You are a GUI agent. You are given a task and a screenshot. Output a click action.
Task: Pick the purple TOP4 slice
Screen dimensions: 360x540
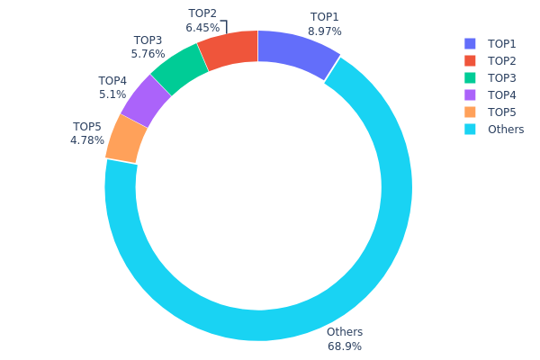[x=146, y=100]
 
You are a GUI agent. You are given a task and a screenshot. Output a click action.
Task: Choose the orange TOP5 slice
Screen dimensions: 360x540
[x=127, y=139]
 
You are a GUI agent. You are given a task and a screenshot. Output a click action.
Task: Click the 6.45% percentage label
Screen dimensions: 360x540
[x=202, y=28]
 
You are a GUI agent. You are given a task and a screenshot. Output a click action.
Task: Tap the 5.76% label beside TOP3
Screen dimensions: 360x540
[x=148, y=54]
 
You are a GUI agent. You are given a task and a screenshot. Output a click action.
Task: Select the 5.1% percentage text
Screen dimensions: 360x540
[x=112, y=94]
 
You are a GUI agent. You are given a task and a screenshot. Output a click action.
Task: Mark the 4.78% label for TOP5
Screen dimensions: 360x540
[x=87, y=140]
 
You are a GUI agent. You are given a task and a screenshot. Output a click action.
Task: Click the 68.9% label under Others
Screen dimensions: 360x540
[x=345, y=346]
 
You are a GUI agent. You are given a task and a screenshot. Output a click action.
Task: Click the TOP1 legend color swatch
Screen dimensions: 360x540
[x=470, y=44]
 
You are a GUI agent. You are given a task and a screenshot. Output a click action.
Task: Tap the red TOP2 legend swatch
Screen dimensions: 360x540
[x=470, y=61]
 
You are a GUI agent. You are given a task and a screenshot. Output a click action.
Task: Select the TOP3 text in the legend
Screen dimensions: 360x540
[x=502, y=78]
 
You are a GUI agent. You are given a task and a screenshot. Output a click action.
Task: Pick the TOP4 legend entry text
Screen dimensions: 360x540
[x=502, y=95]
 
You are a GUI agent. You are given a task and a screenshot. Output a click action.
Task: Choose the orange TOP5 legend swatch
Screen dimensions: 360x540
[x=470, y=112]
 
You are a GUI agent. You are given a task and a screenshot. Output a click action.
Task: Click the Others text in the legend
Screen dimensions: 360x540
[x=506, y=130]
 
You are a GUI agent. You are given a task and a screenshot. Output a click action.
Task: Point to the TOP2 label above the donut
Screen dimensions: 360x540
[x=202, y=13]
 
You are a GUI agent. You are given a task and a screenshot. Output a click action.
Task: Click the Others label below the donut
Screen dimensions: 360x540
[x=345, y=332]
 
